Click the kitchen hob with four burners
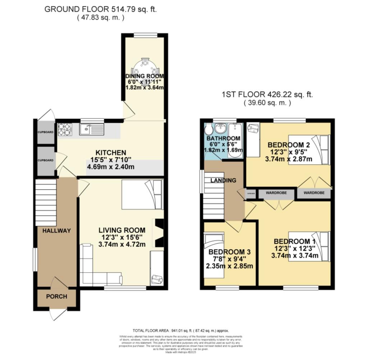pos(65,129)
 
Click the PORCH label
pos(56,296)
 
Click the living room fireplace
pos(158,233)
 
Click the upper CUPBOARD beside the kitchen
pos(46,132)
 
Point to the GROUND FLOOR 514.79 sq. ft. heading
pos(101,9)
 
